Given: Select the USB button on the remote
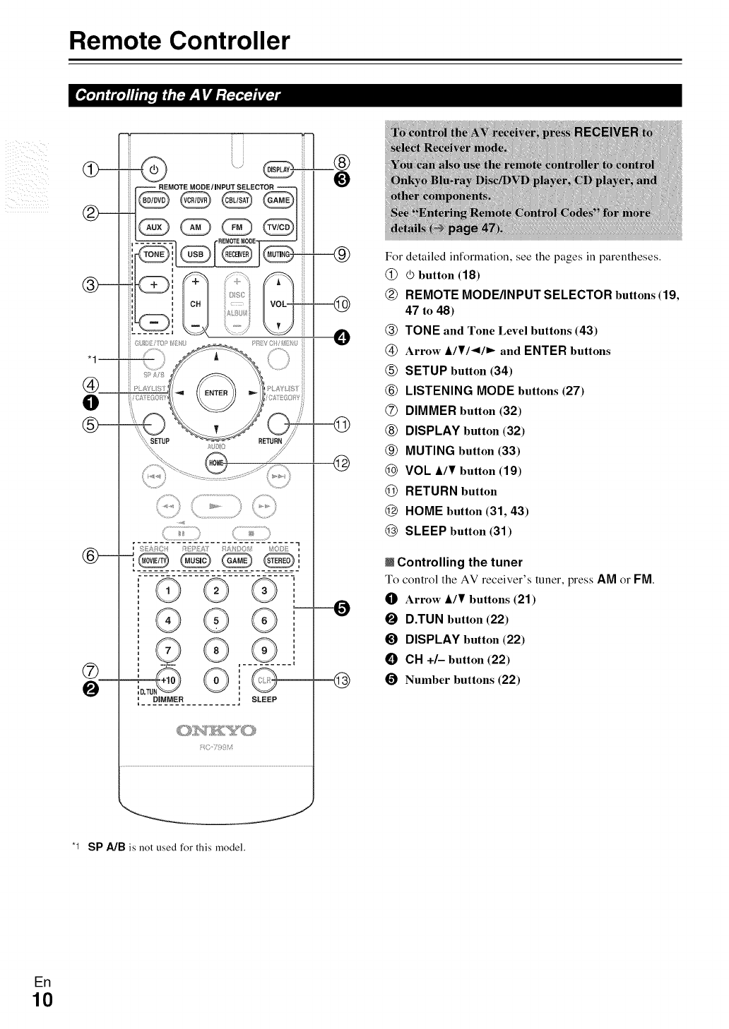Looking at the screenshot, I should point(196,254).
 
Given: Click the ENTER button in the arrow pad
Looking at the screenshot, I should point(215,392).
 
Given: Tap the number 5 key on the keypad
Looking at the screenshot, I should point(216,621).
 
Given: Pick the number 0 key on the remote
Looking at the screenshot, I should point(216,680).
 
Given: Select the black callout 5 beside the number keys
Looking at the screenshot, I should point(341,608).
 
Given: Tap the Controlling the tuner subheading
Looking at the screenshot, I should point(459,562).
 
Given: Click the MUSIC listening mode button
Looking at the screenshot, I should point(195,561).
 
